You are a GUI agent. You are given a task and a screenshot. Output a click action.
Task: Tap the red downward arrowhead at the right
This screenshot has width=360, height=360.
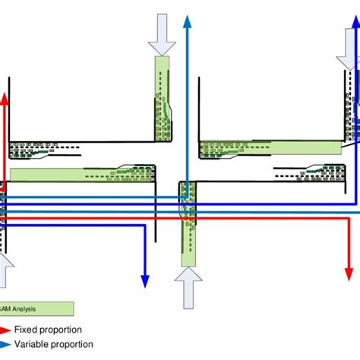[x=348, y=273]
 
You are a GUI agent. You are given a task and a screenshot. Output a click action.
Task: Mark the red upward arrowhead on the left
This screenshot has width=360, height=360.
[x=5, y=99]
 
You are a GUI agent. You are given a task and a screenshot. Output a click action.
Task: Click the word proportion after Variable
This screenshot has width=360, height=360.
[x=83, y=344]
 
